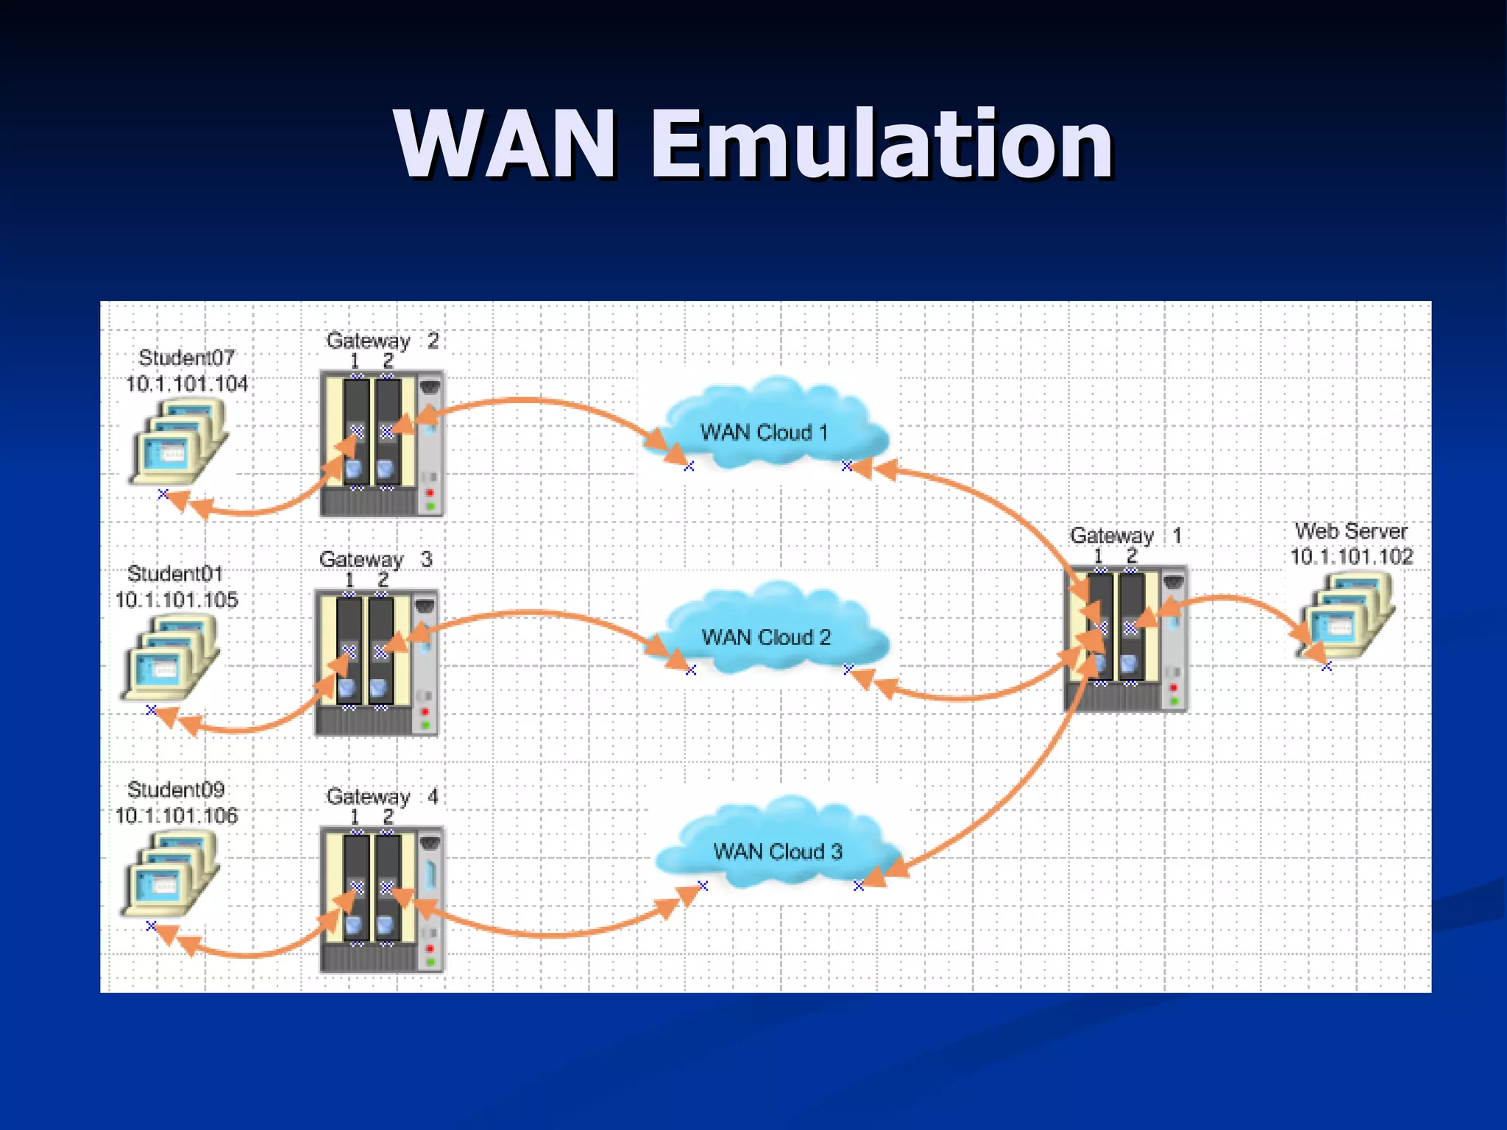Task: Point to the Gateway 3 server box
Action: [376, 662]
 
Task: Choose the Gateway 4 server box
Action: [381, 899]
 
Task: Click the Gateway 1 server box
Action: [1126, 639]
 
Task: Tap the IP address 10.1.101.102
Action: [1351, 557]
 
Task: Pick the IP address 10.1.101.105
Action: [177, 600]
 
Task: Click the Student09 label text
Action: [176, 789]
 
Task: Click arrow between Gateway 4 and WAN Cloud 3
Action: [552, 934]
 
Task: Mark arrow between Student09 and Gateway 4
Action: [250, 954]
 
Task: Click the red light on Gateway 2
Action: [430, 492]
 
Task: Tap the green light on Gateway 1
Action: [1174, 701]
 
